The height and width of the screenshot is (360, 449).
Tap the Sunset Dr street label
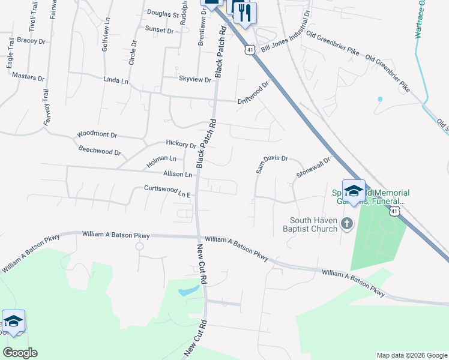pos(158,29)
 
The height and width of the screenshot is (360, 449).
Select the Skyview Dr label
pos(195,79)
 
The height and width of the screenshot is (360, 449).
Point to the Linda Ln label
pos(116,80)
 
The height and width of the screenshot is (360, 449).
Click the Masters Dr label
pos(28,78)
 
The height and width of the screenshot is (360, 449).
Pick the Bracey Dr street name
pos(31,41)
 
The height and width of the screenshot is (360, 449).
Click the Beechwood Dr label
pos(100,151)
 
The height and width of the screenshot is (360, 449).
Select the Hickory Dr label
pos(181,145)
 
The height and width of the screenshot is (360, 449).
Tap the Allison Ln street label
pos(177,175)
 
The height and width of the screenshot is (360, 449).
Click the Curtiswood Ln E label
pos(167,191)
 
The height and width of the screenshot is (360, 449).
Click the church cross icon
pos(346,224)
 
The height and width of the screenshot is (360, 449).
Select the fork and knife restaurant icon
pos(245,13)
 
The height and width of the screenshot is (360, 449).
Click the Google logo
pos(20,353)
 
